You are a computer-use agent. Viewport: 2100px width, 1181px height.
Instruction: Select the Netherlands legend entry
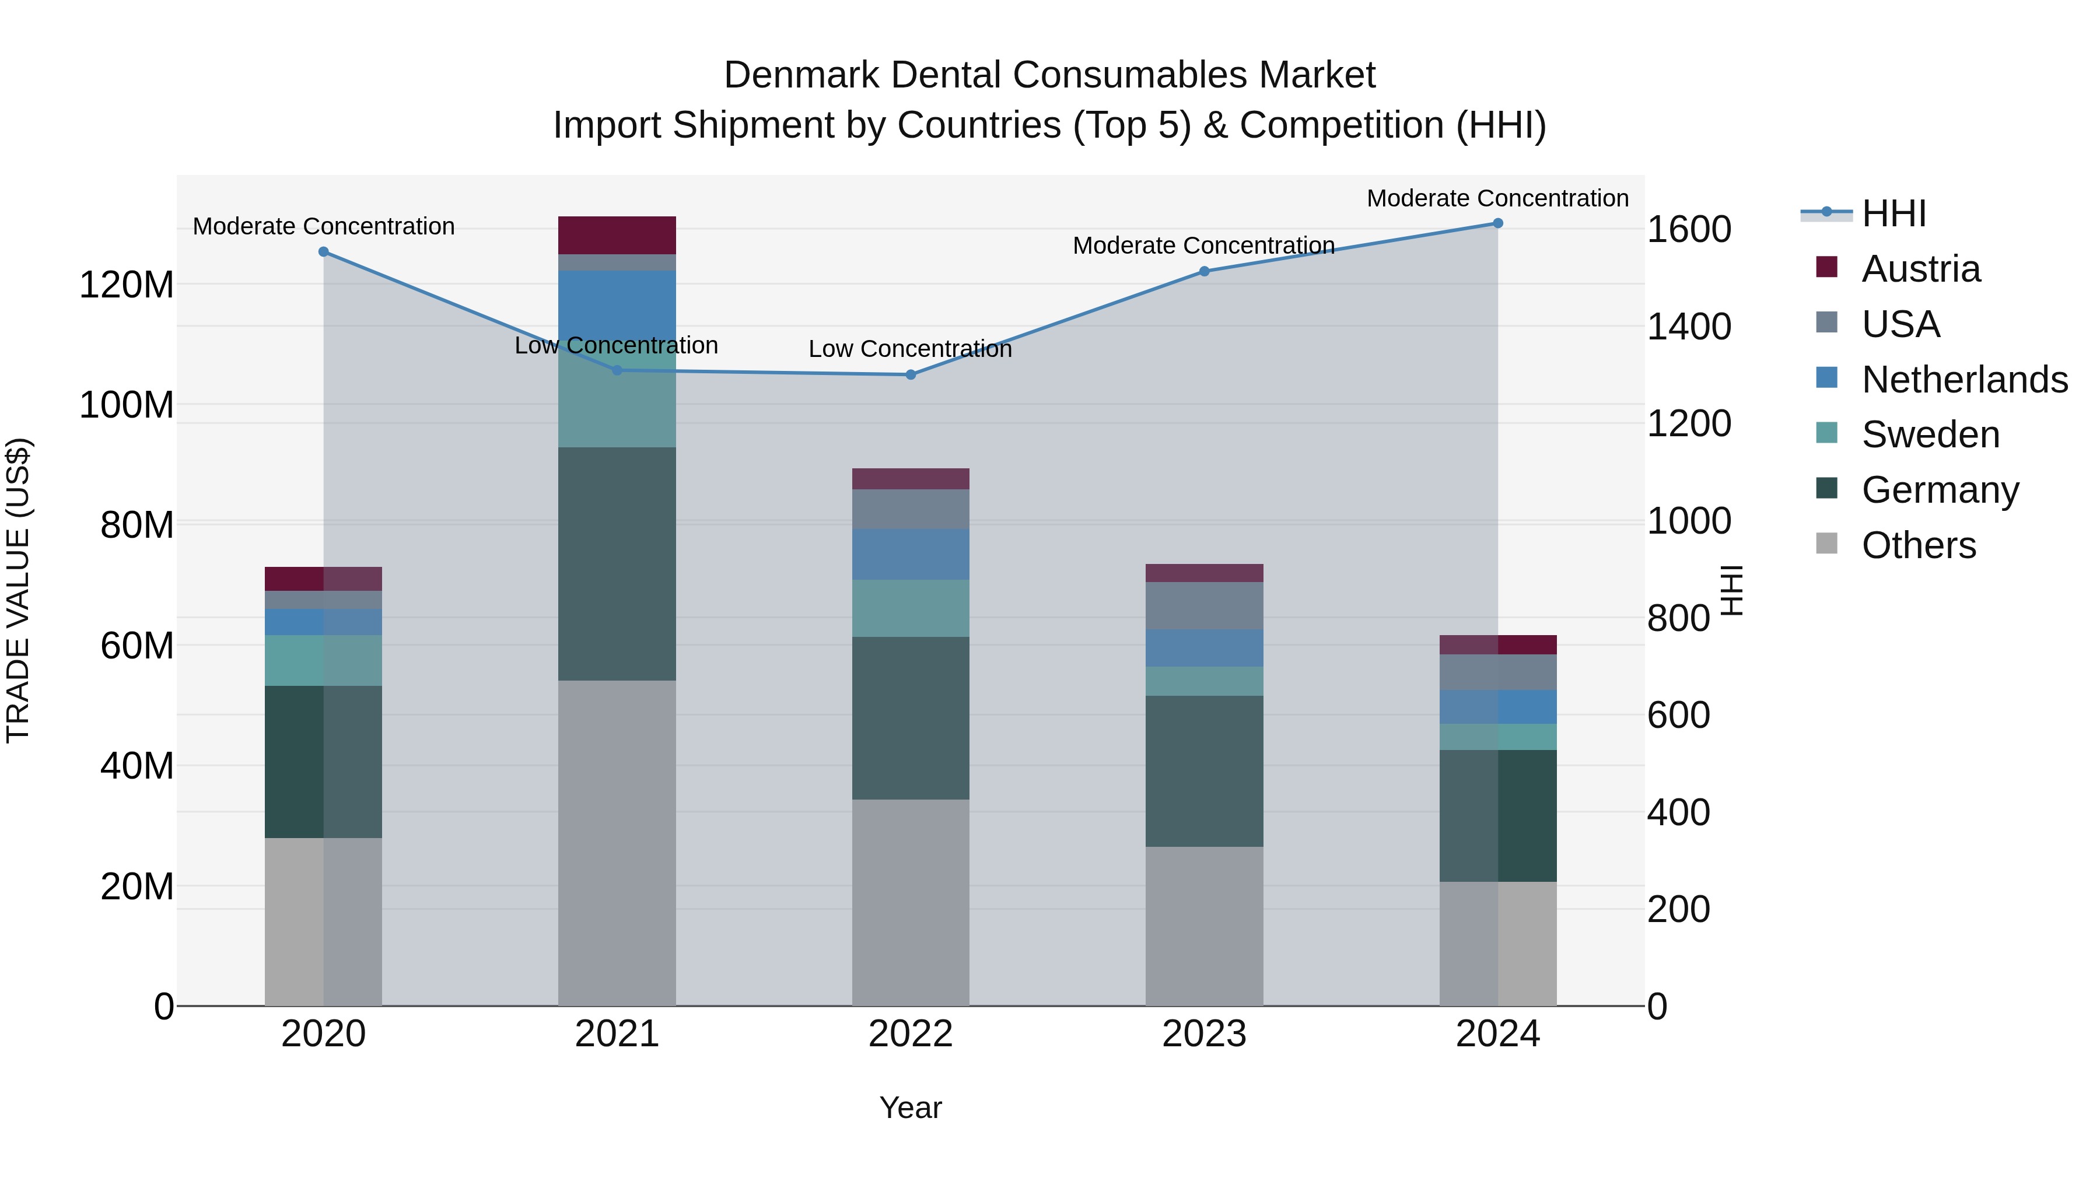point(1963,380)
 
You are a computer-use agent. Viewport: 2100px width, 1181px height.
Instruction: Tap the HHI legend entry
point(1893,213)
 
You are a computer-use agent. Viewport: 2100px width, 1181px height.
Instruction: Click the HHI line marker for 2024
point(1497,223)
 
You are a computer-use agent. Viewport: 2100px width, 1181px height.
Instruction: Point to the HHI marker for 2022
point(911,375)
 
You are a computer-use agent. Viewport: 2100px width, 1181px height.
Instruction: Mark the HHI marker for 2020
point(324,252)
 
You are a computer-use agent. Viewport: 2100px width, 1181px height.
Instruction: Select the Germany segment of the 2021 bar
point(617,564)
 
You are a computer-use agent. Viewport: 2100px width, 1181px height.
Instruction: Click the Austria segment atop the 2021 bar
point(617,236)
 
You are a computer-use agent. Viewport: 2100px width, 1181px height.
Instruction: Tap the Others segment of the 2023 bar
point(1204,926)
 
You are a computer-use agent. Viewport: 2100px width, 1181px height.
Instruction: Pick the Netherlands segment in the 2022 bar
point(911,554)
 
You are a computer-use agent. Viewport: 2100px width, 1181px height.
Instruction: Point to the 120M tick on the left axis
point(127,285)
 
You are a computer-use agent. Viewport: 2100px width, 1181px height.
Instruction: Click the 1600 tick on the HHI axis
point(1689,229)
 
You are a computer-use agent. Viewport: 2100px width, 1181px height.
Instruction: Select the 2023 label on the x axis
point(1204,1034)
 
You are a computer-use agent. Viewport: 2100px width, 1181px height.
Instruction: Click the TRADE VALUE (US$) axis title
point(18,590)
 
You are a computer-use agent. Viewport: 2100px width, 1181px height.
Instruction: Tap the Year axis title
point(911,1108)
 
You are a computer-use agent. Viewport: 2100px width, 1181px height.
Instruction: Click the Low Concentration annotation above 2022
point(910,349)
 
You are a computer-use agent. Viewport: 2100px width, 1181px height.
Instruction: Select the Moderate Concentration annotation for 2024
point(1497,198)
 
